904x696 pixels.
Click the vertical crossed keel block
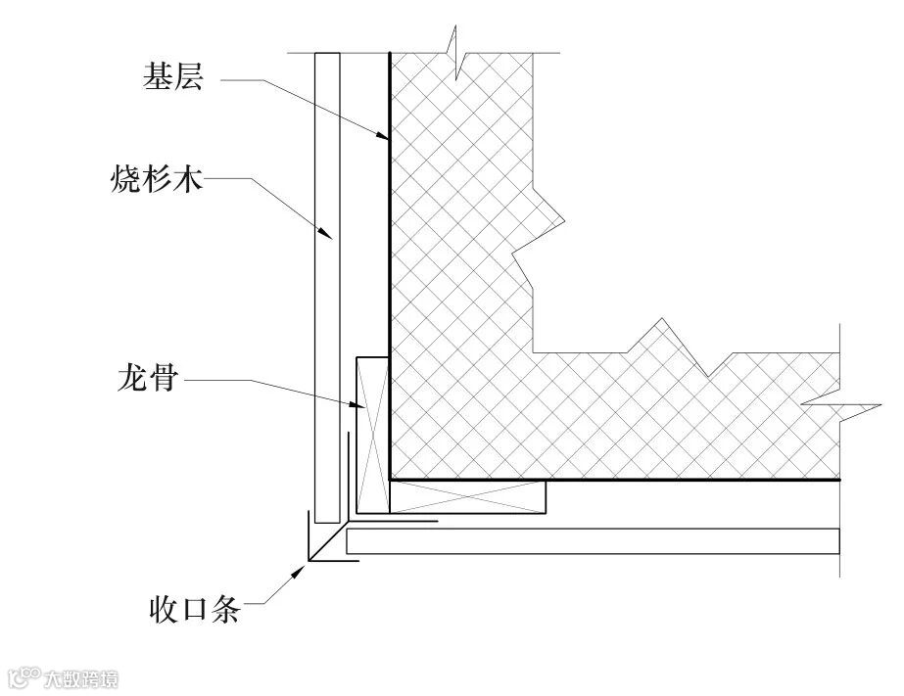click(x=373, y=434)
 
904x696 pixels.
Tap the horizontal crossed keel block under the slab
click(x=468, y=496)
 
